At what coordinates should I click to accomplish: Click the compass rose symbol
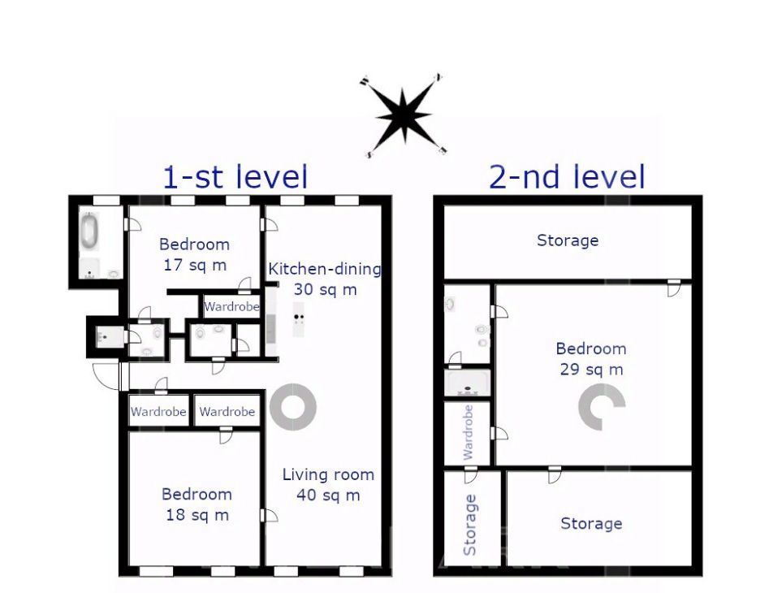(x=403, y=115)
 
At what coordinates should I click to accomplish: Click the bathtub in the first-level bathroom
(x=90, y=231)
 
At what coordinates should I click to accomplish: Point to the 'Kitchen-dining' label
(x=325, y=269)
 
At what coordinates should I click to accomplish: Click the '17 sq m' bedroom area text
(x=195, y=265)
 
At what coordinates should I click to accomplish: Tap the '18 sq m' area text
(x=197, y=515)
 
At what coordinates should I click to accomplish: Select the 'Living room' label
(x=328, y=474)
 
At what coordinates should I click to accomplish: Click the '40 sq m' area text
(x=328, y=495)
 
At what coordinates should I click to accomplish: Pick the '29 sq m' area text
(x=591, y=369)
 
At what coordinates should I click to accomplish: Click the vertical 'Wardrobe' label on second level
(x=469, y=433)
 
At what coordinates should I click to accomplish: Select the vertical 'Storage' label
(x=470, y=525)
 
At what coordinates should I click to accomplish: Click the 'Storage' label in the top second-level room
(x=568, y=240)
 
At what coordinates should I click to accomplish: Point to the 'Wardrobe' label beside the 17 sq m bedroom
(x=231, y=307)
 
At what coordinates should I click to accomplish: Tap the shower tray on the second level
(x=468, y=383)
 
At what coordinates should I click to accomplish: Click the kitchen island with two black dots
(x=298, y=318)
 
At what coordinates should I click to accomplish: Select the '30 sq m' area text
(x=325, y=289)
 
